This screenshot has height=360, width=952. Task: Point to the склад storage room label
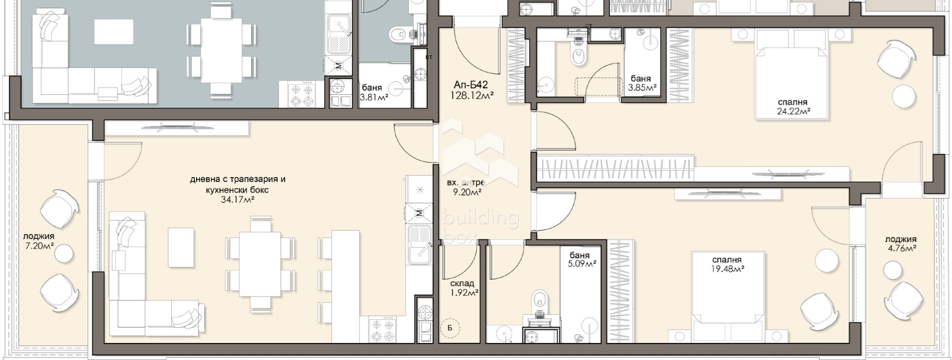coord(462,284)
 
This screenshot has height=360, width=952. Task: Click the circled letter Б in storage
coord(450,328)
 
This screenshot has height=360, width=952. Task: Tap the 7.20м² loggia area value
coord(38,246)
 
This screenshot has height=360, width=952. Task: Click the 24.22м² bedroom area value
coord(793,111)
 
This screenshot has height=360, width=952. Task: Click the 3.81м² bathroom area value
coord(374,97)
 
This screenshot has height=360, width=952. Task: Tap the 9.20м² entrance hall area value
coord(467,192)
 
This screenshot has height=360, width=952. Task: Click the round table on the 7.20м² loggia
coord(64,253)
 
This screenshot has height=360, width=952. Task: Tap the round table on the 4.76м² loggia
coord(893,269)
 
